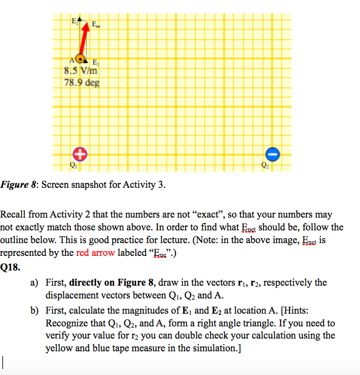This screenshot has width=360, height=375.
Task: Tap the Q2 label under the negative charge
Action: [x=265, y=165]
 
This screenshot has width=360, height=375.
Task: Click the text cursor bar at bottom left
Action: [x=4, y=363]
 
